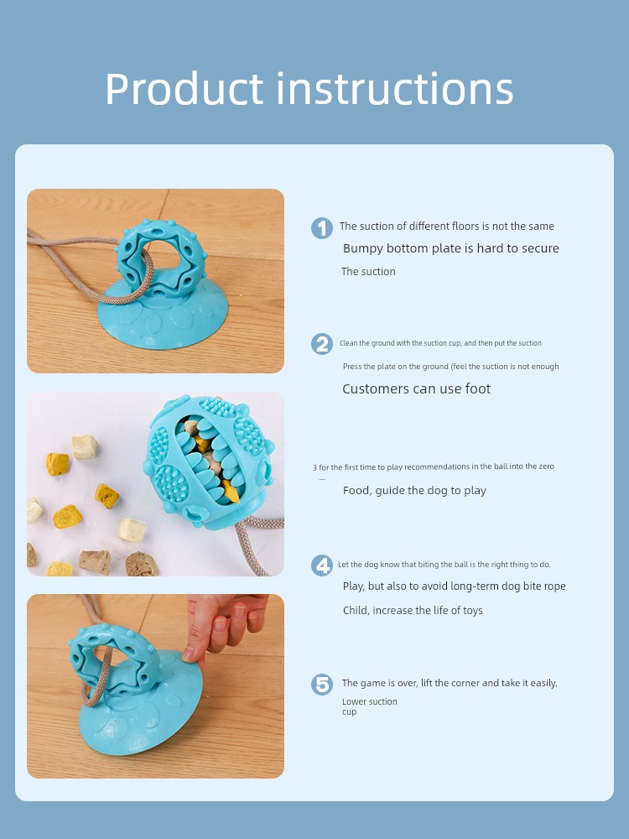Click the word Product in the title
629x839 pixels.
184,90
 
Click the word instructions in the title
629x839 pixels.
395,88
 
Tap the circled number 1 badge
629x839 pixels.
322,228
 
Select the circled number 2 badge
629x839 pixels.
322,344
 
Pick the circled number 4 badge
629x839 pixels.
322,565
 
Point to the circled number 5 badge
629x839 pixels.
322,685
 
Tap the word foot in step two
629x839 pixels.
478,388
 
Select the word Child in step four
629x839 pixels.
356,611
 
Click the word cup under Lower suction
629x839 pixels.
349,712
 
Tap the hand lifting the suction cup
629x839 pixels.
224,626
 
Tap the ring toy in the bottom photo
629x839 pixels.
114,661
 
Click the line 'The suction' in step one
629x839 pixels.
368,272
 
